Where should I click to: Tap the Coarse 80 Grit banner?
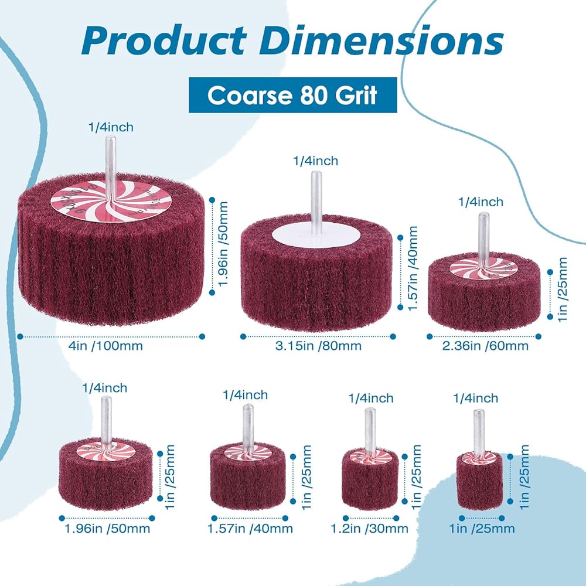[x=292, y=95]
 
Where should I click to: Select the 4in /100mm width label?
[x=105, y=346]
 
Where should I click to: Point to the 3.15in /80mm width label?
[x=318, y=346]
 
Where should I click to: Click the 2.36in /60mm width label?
[x=485, y=346]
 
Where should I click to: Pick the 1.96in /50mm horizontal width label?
[x=107, y=529]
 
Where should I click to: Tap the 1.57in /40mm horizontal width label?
[x=250, y=529]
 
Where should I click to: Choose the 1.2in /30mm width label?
[x=369, y=529]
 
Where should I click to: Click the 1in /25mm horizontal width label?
[x=482, y=529]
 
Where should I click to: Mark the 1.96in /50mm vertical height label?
[x=223, y=244]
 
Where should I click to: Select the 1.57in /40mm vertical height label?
[x=412, y=268]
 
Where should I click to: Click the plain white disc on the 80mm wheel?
[x=316, y=234]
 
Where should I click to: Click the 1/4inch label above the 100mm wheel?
[x=111, y=127]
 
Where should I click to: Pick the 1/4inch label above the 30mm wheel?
[x=371, y=398]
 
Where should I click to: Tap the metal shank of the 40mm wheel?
[x=247, y=429]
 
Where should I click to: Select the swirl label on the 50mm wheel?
[x=105, y=451]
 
